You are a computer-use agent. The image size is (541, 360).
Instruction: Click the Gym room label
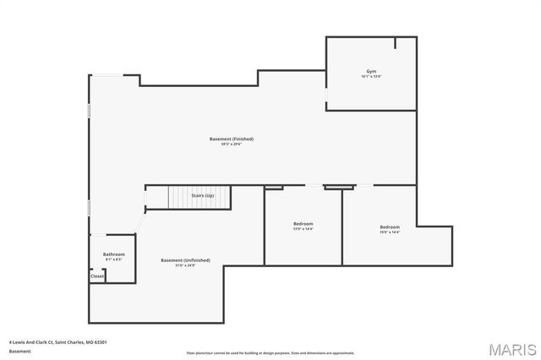(371, 71)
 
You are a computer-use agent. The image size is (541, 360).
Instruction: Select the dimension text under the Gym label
(371, 77)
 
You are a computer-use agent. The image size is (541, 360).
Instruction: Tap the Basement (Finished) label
(232, 139)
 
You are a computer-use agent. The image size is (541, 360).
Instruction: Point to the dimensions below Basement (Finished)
(232, 145)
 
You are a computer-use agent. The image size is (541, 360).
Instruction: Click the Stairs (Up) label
(202, 195)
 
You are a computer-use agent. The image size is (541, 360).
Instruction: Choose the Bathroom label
(114, 254)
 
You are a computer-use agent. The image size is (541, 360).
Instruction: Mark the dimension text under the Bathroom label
(114, 260)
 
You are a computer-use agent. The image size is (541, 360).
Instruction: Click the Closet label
(97, 275)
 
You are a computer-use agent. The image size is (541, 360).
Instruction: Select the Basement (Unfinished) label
(185, 260)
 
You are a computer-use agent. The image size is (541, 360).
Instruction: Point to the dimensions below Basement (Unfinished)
(185, 266)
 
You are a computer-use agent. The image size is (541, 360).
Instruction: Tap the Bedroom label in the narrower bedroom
(303, 224)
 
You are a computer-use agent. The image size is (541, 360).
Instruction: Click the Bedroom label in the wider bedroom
(390, 226)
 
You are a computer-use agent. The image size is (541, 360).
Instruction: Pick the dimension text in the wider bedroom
(390, 232)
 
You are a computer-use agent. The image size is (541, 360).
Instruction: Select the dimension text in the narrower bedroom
(303, 230)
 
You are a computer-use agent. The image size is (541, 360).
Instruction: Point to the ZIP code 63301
(101, 342)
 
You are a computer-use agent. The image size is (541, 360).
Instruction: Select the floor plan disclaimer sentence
(270, 352)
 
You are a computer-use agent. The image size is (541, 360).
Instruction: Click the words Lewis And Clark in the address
(30, 342)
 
